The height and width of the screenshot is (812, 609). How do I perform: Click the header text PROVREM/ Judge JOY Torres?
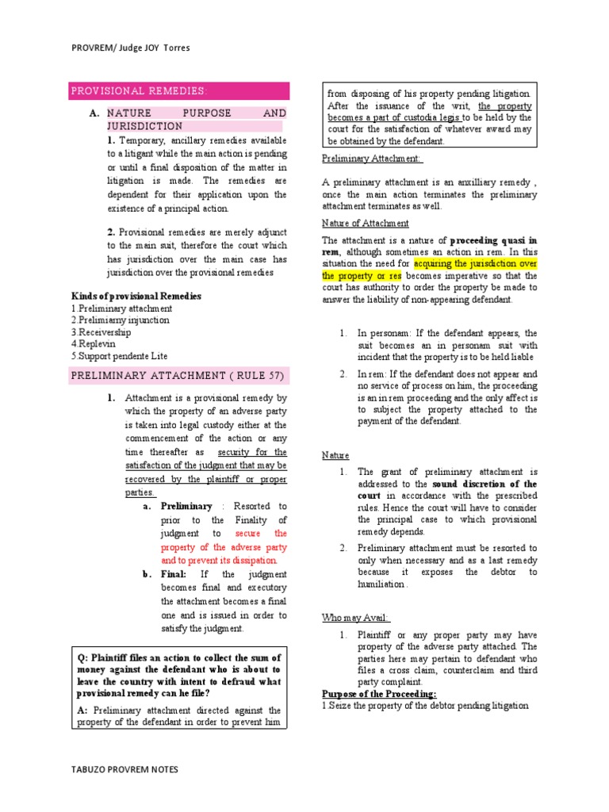click(131, 48)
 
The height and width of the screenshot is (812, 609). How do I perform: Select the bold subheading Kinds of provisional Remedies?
click(136, 296)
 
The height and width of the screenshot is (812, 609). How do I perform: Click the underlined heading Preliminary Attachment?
click(373, 159)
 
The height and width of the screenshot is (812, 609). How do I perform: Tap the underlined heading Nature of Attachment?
click(366, 223)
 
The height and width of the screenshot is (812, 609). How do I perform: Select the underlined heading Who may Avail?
click(356, 618)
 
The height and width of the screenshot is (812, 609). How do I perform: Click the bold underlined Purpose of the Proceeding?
click(379, 694)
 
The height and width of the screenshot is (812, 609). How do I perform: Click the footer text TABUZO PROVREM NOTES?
click(124, 769)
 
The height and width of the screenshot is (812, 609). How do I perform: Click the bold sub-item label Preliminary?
click(186, 506)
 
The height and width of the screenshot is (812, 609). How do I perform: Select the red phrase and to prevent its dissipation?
click(224, 560)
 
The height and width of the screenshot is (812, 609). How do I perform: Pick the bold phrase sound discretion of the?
click(484, 484)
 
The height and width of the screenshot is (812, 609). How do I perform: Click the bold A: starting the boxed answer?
click(82, 710)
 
